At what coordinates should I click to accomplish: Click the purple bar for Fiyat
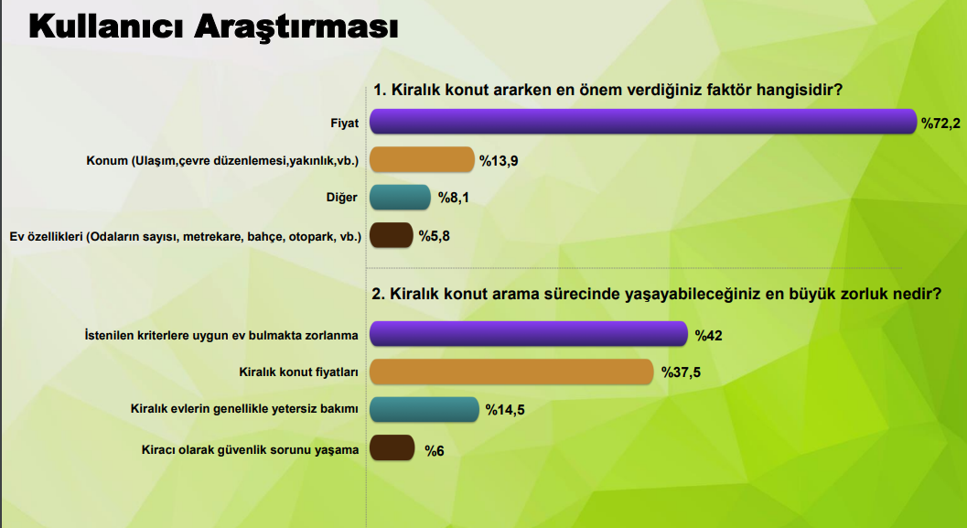[643, 122]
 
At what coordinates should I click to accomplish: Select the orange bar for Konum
[422, 159]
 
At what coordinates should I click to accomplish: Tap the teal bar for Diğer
[400, 197]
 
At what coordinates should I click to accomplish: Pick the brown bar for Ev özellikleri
[391, 235]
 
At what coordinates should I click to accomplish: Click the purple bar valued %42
[529, 334]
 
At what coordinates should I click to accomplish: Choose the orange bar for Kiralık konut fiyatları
[511, 372]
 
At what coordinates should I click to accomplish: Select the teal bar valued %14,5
[424, 409]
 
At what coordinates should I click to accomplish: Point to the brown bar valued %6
[392, 447]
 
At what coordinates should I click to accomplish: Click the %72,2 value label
[940, 124]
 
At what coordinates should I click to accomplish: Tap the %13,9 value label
[499, 161]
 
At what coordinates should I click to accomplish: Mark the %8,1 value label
[453, 198]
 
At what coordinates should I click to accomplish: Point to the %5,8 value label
[435, 235]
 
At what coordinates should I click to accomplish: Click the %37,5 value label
[681, 372]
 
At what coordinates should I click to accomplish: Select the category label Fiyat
[344, 123]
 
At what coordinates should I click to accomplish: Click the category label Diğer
[341, 198]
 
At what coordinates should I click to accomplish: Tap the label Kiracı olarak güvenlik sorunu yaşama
[250, 449]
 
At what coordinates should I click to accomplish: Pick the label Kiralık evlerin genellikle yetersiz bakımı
[244, 408]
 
